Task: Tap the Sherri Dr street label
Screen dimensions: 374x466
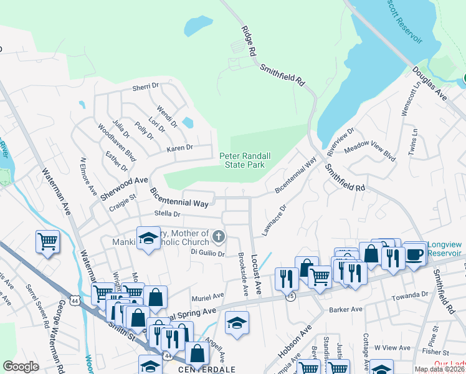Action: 145,88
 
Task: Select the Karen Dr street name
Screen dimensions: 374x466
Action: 180,148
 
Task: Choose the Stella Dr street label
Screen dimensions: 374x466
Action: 168,214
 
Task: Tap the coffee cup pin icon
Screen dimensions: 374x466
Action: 415,254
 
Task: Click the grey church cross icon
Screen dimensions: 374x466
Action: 218,236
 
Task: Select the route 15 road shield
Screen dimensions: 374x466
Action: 291,297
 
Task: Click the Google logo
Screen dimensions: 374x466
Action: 21,367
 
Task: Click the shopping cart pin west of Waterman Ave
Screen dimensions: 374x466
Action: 48,241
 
